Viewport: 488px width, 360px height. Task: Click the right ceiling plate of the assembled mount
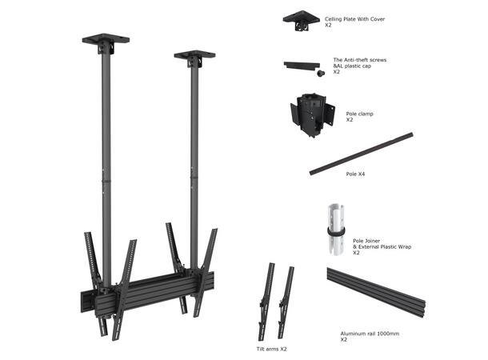click(x=193, y=58)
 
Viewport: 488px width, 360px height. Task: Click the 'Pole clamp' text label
click(x=359, y=114)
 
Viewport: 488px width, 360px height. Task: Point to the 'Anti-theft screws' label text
click(x=360, y=60)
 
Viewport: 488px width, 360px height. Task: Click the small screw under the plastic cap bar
click(x=320, y=74)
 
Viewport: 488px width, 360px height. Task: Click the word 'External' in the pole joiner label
click(x=371, y=247)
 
